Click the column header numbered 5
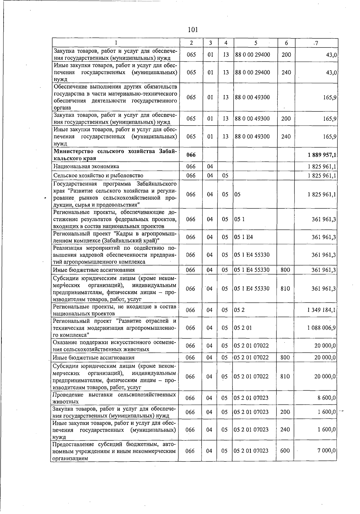point(255,43)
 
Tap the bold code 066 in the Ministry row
point(191,155)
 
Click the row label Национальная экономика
point(86,166)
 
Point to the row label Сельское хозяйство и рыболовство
point(98,175)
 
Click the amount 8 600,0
point(327,398)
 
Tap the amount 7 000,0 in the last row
point(327,451)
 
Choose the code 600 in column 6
point(285,451)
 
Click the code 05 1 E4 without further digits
point(243,237)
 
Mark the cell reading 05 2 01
point(243,328)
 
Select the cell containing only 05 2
point(239,310)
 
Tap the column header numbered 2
point(191,43)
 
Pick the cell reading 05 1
point(239,219)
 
